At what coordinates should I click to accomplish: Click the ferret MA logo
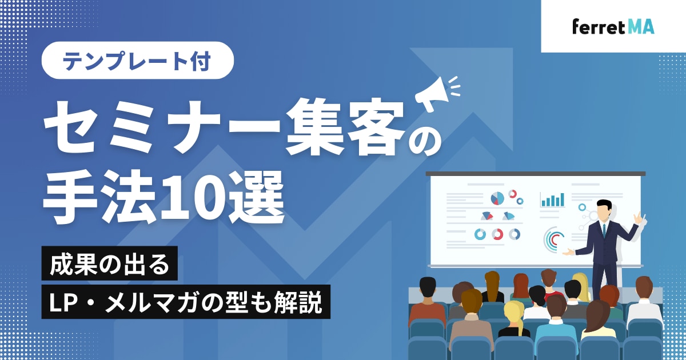click(x=613, y=27)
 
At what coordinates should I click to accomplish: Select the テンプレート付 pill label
click(x=138, y=61)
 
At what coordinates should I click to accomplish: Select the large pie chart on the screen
click(x=497, y=198)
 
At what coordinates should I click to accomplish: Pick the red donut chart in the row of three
click(x=497, y=234)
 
